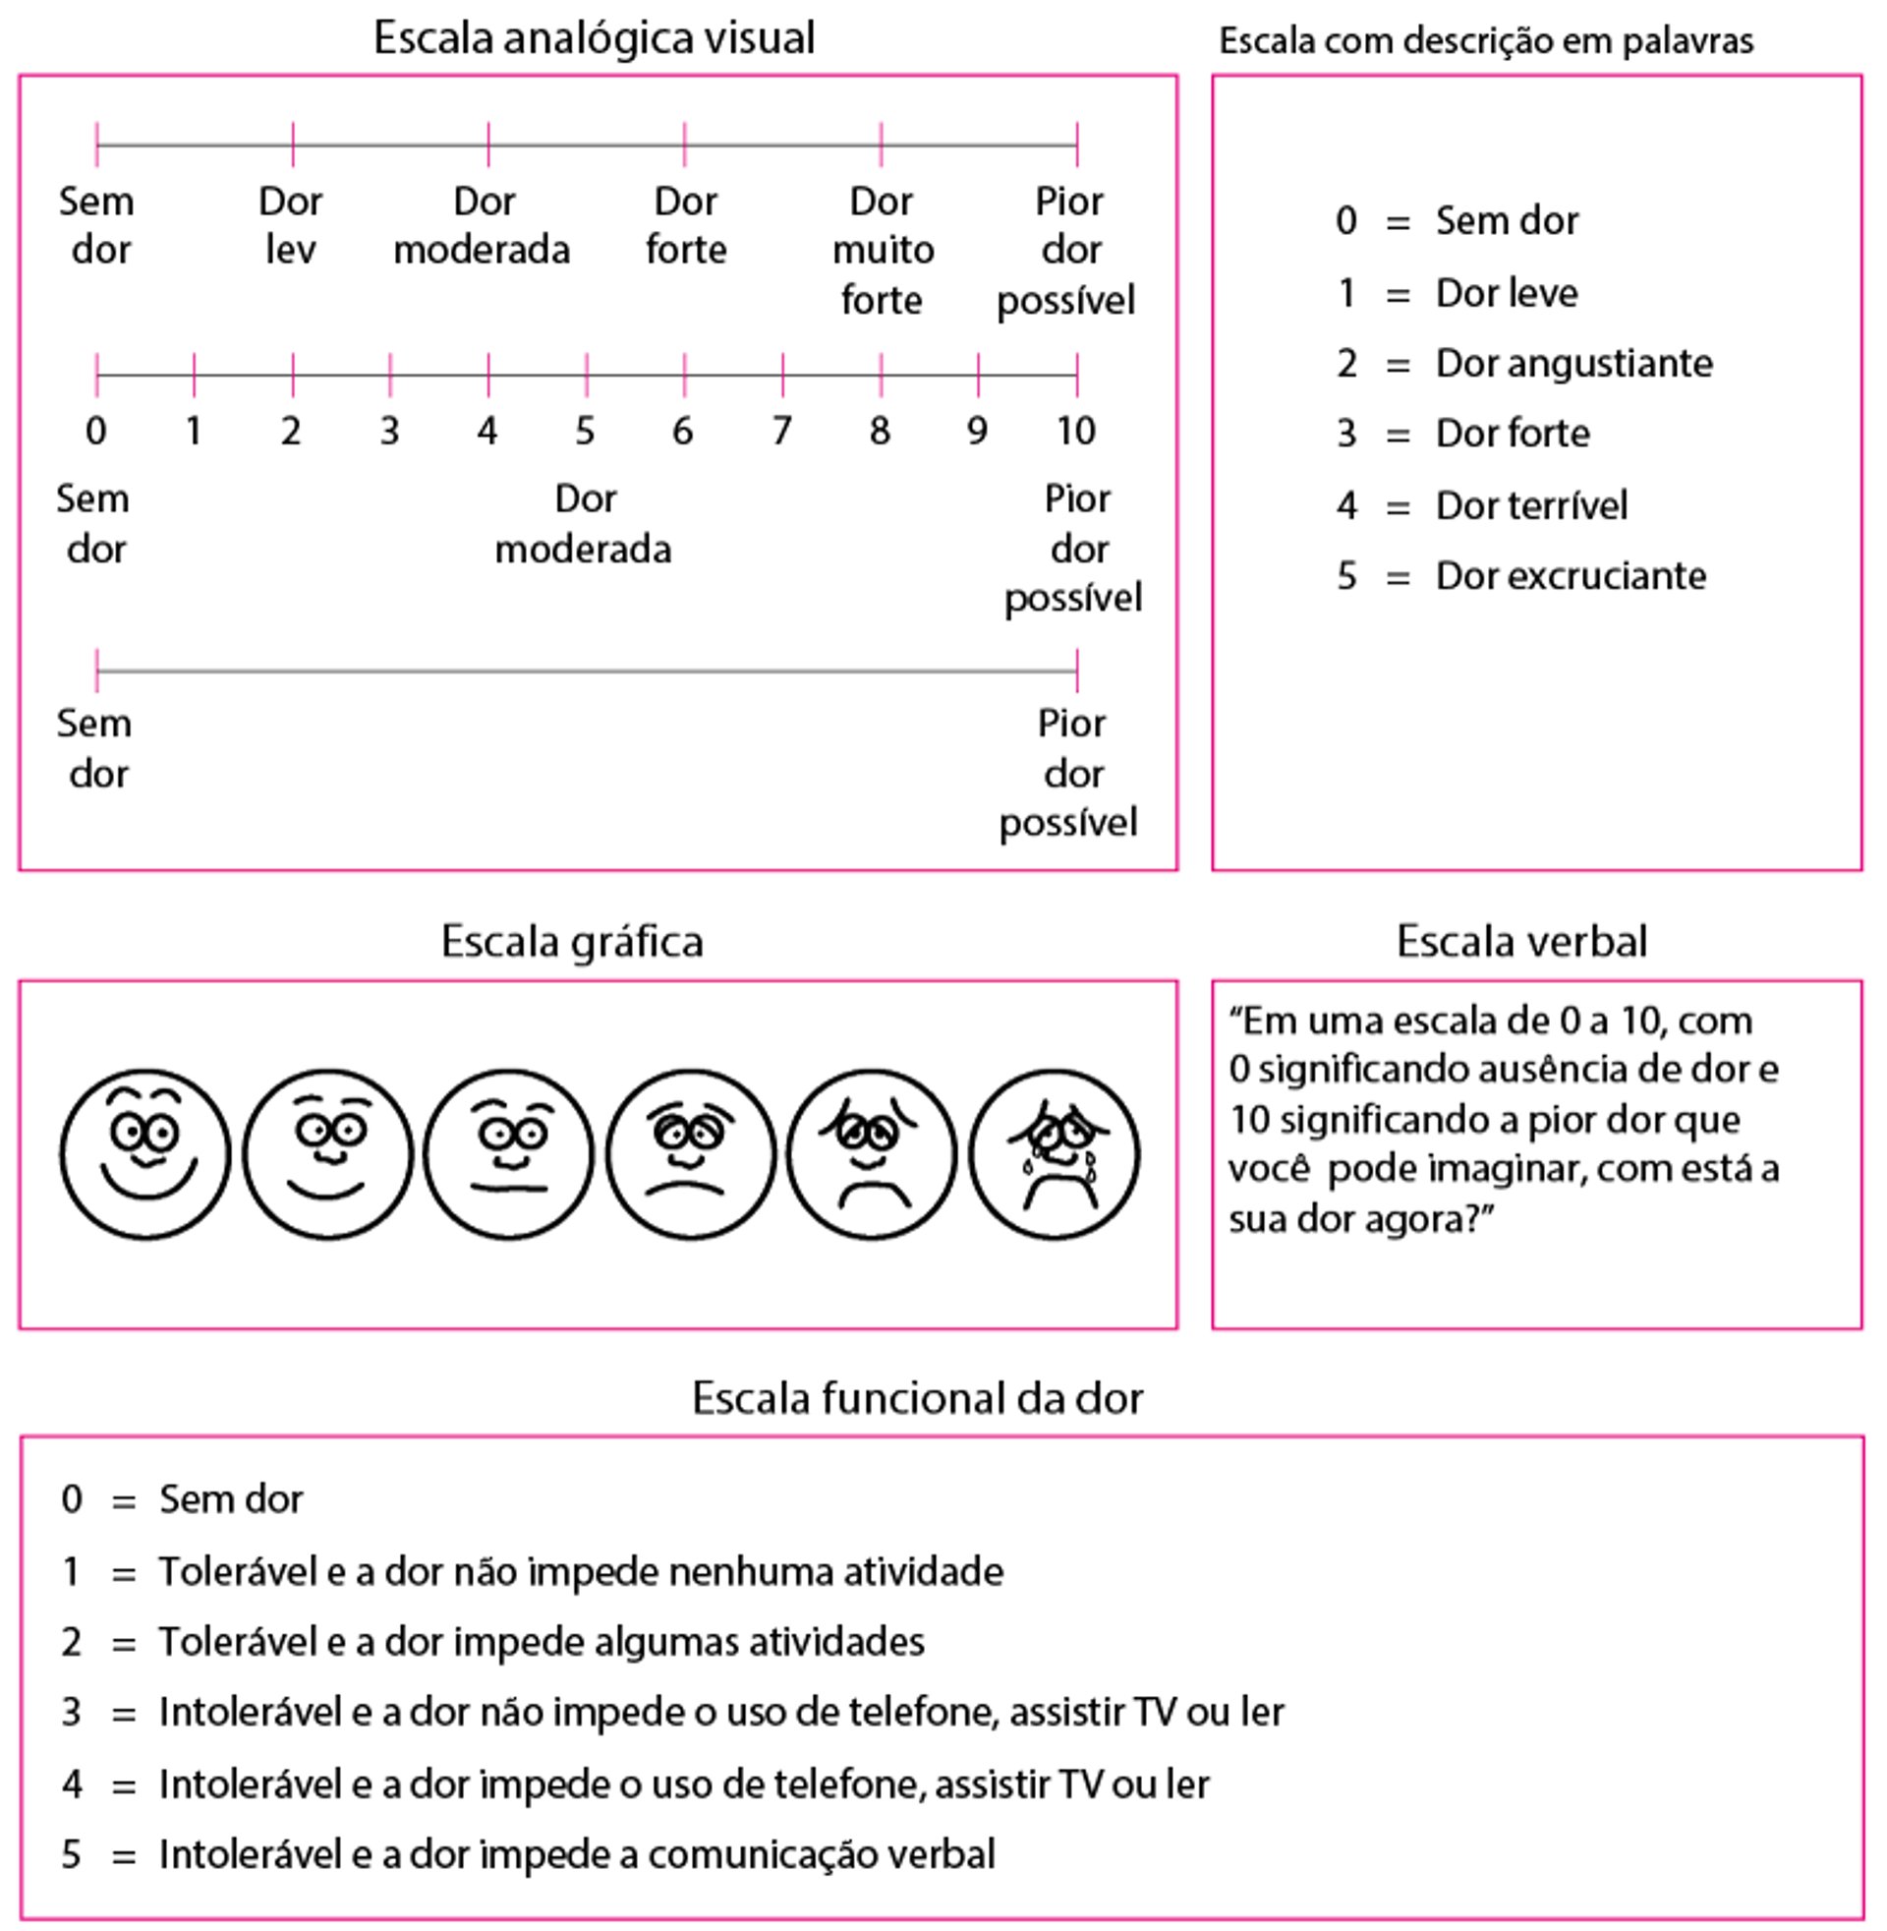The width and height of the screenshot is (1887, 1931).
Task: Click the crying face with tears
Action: (x=1054, y=1154)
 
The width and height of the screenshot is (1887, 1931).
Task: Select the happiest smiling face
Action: (x=145, y=1154)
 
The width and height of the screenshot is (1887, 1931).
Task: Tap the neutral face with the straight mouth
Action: (x=508, y=1154)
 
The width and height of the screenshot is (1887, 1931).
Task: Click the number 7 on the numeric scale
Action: (x=782, y=432)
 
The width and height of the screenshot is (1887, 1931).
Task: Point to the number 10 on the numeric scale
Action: (x=1075, y=432)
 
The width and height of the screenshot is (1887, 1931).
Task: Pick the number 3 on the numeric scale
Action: (x=389, y=432)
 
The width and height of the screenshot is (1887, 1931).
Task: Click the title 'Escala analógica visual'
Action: (x=594, y=38)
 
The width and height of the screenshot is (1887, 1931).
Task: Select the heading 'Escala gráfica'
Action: (x=572, y=942)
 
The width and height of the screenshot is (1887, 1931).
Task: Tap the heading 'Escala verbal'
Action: (x=1521, y=942)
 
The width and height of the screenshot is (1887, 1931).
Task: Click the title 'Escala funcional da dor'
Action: (x=917, y=1399)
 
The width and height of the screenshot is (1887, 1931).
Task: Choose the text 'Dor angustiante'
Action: (x=1573, y=364)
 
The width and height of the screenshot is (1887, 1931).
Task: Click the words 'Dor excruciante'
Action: (x=1571, y=576)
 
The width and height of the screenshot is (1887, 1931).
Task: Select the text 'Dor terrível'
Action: (x=1531, y=505)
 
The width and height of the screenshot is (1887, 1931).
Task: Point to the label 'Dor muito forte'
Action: (x=882, y=250)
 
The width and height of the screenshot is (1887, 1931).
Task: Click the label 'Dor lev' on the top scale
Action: (x=290, y=226)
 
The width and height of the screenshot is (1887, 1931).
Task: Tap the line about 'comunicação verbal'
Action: (x=577, y=1854)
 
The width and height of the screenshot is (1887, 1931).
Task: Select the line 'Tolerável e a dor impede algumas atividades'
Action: (x=542, y=1643)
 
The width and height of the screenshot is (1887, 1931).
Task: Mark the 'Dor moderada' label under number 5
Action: (x=584, y=523)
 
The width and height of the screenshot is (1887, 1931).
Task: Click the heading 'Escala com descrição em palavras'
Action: (x=1486, y=40)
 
